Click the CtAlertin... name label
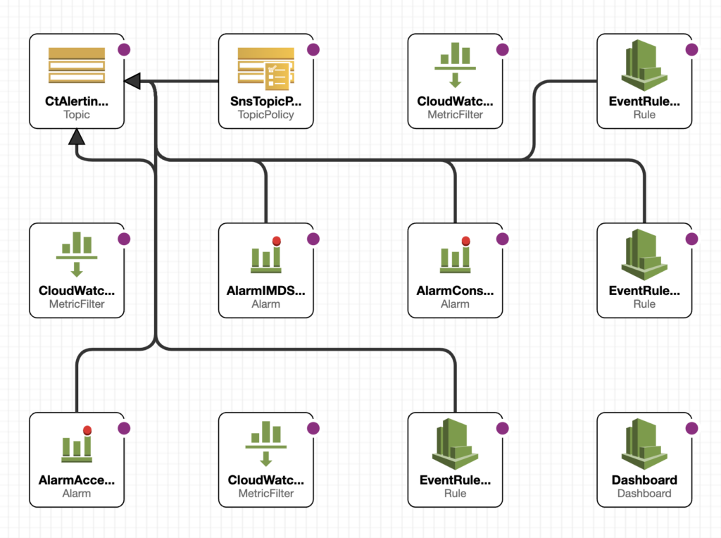coord(77,101)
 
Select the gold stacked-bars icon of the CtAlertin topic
coord(77,65)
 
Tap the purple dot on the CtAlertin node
coord(124,50)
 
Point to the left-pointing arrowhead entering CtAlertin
coord(132,82)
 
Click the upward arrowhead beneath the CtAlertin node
coord(77,137)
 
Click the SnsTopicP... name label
coord(265,101)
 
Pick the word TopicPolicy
coord(265,115)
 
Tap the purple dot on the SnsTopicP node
coord(313,50)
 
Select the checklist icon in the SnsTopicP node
coord(277,76)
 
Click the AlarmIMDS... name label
coord(265,291)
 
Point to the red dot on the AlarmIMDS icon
coord(276,241)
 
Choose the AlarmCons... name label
coord(456,291)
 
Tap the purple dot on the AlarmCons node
coord(503,239)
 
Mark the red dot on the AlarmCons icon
coord(466,241)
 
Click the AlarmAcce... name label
coord(77,480)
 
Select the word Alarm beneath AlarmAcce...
coord(77,494)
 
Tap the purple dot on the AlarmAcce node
coord(124,429)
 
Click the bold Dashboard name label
coord(644,480)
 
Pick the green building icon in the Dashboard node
coord(644,444)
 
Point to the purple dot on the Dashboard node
coord(691,429)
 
